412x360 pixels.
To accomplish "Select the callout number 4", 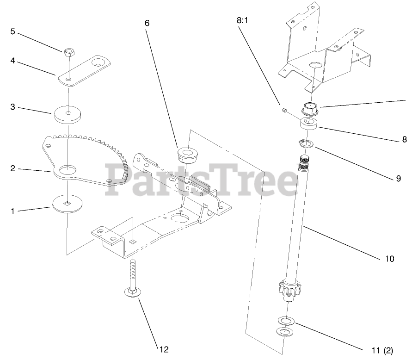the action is click(13, 61).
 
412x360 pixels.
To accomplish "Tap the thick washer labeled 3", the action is click(68, 114).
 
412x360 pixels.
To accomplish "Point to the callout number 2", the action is click(13, 168).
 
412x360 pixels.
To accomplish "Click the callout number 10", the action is click(389, 259).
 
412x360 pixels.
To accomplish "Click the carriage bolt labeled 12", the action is click(132, 278).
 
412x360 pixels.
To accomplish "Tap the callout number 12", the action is click(165, 349).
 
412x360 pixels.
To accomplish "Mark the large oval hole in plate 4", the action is click(99, 61).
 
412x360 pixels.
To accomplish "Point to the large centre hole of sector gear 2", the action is click(68, 170).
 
